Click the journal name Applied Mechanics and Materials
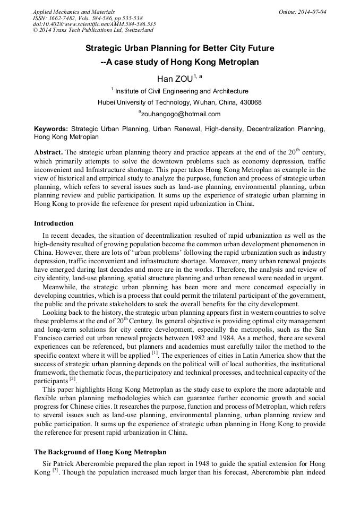(x=74, y=12)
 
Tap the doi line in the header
(x=94, y=24)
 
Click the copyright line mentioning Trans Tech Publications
(x=93, y=31)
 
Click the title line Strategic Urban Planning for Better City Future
(x=179, y=48)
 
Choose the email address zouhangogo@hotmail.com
(x=181, y=114)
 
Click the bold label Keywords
(x=51, y=129)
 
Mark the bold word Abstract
(x=48, y=152)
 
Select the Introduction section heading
(x=54, y=223)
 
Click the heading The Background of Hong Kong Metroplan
(x=100, y=452)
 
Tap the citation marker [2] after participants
(x=72, y=379)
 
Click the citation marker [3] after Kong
(x=55, y=470)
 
